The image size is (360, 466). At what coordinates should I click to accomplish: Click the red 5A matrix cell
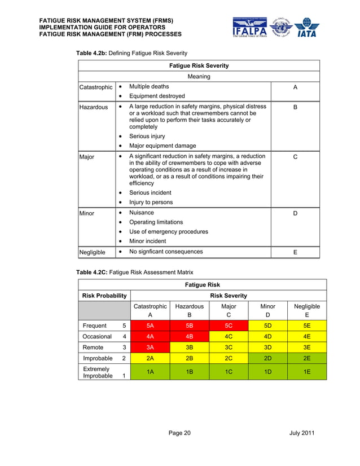point(150,326)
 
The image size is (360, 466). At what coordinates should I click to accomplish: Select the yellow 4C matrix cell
point(229,336)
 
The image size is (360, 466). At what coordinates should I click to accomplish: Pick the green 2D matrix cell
point(268,358)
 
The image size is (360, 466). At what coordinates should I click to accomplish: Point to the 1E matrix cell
point(307,372)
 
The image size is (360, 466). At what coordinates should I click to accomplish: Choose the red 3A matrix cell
point(150,347)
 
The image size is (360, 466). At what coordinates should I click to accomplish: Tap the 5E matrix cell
point(307,326)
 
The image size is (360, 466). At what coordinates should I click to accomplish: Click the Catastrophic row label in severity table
point(96,87)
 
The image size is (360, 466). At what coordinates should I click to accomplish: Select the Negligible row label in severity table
point(94,252)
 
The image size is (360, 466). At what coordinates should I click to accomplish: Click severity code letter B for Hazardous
point(295,107)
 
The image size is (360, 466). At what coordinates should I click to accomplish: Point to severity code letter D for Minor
point(295,213)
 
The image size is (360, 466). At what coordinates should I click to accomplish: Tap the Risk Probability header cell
point(104,295)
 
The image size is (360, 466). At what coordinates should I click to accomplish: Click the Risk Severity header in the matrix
point(228,295)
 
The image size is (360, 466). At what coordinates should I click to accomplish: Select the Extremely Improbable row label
point(97,372)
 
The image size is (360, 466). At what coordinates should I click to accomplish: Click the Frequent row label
point(95,326)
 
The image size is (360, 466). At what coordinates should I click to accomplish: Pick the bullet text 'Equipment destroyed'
point(157,96)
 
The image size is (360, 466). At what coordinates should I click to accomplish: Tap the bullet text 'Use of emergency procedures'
point(168,231)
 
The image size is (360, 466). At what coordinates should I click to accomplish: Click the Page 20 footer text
point(179,433)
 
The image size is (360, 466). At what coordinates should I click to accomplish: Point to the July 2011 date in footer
point(301,433)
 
